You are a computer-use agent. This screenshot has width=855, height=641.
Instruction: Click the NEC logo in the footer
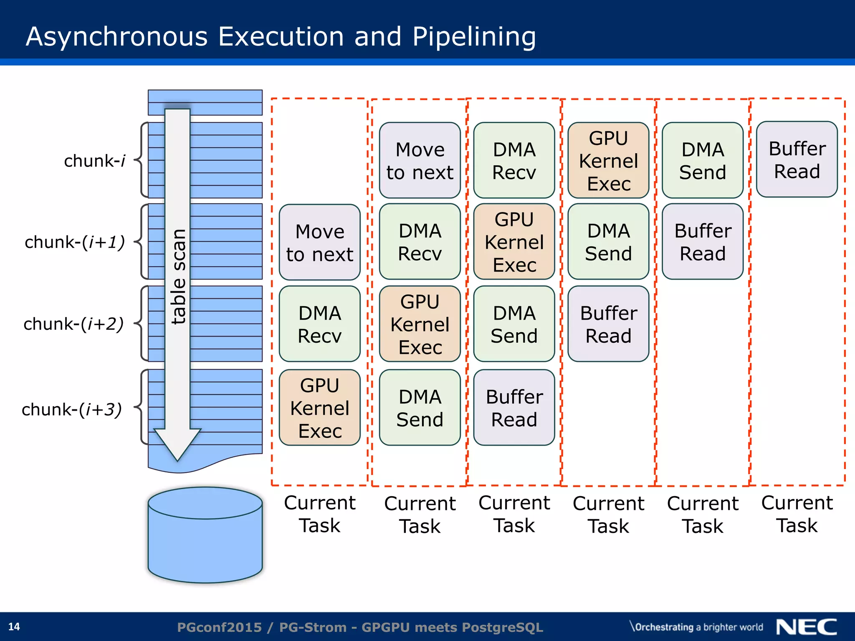806,627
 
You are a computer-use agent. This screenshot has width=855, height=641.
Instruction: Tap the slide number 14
14,626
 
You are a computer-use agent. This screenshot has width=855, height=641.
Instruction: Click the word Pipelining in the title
474,37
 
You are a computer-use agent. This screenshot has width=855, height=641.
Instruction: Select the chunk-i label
94,161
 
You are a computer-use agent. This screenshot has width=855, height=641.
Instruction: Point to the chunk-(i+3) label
72,409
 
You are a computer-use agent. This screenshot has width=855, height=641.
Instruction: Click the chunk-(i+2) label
73,324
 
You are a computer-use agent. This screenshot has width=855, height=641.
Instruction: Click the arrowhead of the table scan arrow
177,444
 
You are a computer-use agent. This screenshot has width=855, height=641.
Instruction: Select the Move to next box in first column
320,242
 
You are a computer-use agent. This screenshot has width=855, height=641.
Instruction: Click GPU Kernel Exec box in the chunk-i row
608,161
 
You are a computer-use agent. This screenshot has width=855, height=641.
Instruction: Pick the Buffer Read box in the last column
797,160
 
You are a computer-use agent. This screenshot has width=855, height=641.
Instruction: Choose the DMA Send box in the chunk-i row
703,161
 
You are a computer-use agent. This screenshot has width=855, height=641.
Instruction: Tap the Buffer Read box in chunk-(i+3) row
514,408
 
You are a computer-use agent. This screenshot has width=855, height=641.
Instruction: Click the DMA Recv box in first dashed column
320,324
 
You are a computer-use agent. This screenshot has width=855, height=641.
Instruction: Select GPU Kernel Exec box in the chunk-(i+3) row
320,408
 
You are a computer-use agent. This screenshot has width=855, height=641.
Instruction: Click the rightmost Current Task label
797,514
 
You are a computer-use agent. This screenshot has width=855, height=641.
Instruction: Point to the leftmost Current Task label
320,514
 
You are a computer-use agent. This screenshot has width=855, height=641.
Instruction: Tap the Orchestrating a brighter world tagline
696,627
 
